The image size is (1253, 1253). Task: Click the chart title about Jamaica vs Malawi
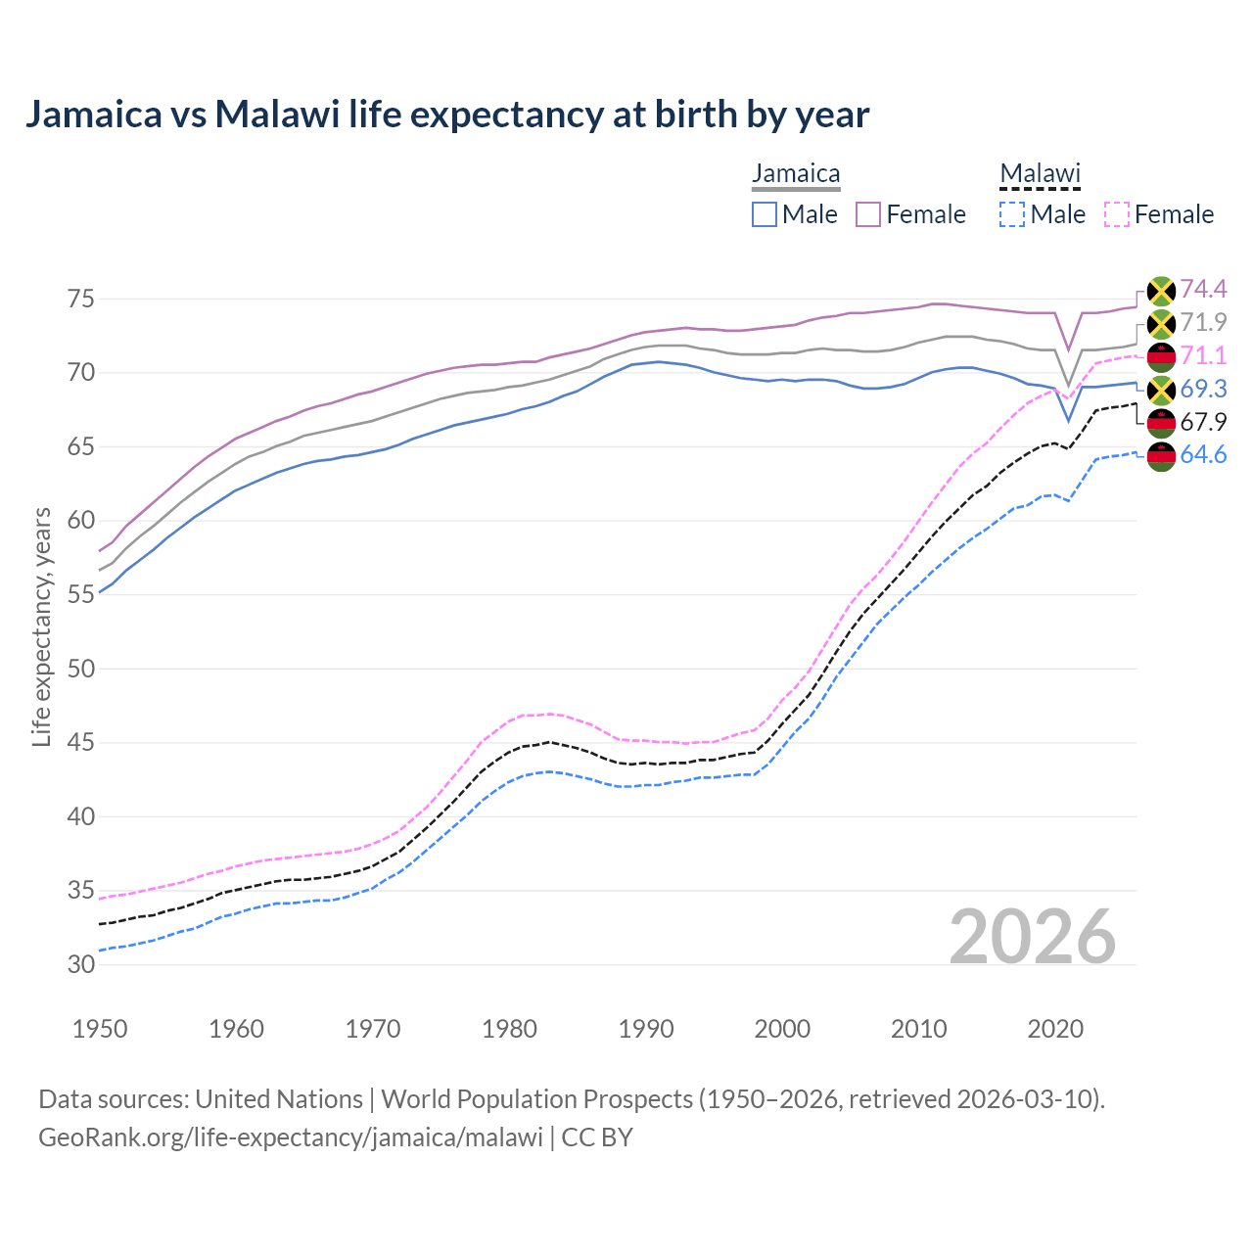click(x=446, y=115)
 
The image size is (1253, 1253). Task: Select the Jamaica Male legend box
click(x=765, y=214)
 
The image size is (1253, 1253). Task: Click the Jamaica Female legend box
click(x=868, y=214)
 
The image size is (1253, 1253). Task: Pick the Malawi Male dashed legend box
click(x=1012, y=214)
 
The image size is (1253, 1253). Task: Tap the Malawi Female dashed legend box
click(x=1117, y=214)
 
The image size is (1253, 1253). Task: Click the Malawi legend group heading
click(x=1040, y=174)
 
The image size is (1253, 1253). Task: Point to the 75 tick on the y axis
click(x=81, y=299)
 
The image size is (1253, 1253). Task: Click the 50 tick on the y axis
click(x=81, y=669)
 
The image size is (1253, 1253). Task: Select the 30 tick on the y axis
click(x=81, y=964)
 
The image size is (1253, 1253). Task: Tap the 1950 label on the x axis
click(x=100, y=1029)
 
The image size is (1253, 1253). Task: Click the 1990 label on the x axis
click(x=646, y=1029)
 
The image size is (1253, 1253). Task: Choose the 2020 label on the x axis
click(x=1055, y=1029)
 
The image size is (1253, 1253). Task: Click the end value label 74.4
click(x=1203, y=289)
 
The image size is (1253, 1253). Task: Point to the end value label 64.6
click(x=1203, y=455)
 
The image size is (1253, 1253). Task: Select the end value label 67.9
click(x=1203, y=422)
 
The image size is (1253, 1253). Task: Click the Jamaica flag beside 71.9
click(x=1161, y=324)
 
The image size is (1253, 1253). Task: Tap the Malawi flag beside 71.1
click(x=1161, y=357)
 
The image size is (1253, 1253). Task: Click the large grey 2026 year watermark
click(x=1033, y=937)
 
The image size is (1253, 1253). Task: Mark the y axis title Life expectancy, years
click(x=41, y=626)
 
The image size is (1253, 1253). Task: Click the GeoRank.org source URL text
click(x=290, y=1137)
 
